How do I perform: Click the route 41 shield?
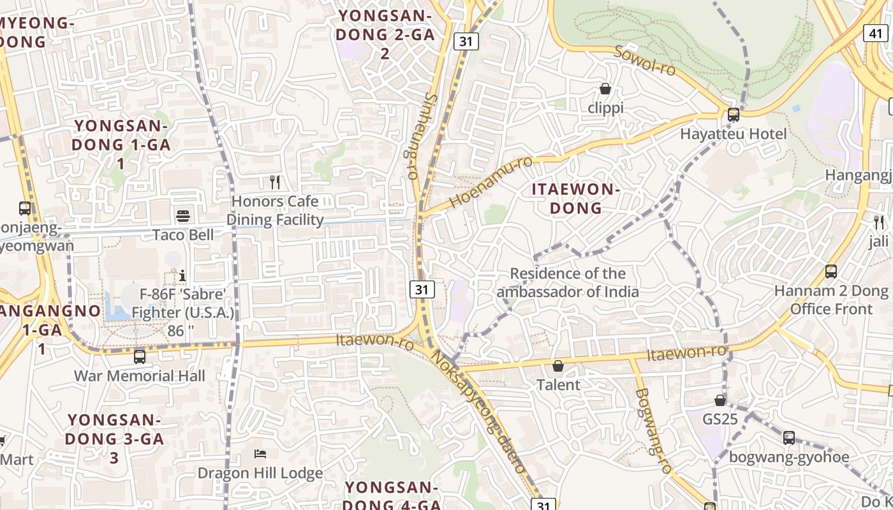tap(875, 33)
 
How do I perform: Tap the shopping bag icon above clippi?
tap(605, 89)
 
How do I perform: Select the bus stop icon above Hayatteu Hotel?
tap(734, 115)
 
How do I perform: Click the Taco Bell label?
tap(183, 235)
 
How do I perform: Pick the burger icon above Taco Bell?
tap(183, 215)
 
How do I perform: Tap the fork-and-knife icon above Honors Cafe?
tap(275, 182)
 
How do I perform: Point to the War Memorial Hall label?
tap(140, 375)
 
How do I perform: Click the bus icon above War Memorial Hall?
tap(140, 356)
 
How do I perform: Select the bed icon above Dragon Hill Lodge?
tap(260, 454)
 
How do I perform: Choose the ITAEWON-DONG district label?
tap(576, 198)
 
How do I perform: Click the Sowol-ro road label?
tap(644, 60)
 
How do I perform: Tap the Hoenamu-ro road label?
tap(490, 182)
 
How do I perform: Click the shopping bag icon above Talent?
tap(558, 366)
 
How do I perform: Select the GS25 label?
tap(720, 419)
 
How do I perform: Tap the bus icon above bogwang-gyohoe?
tap(789, 438)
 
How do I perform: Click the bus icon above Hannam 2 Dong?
tap(831, 272)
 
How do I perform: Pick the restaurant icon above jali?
tap(879, 222)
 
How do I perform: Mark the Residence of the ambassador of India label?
tap(568, 282)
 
